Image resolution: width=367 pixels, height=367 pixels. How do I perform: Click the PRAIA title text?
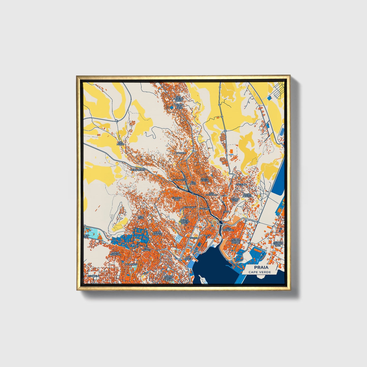260,267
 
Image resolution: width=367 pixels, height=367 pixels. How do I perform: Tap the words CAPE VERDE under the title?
260,272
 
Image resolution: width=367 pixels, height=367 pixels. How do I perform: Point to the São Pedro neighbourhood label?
120,143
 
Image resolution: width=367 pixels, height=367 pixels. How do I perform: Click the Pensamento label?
138,170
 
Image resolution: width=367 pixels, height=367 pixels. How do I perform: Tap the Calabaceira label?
180,180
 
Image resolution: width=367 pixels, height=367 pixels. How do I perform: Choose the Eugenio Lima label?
177,199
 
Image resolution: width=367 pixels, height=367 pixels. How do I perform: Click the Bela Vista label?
141,217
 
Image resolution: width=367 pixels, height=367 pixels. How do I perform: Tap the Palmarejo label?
131,264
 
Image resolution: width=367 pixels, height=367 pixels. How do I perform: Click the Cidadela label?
93,276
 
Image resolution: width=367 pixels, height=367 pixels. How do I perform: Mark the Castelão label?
241,184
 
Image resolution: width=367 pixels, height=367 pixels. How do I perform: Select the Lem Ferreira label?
228,229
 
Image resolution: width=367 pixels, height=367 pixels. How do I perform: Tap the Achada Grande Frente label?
235,241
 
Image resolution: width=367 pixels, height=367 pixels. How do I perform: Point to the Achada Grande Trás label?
278,244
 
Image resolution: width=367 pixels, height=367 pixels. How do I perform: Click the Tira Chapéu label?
146,249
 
